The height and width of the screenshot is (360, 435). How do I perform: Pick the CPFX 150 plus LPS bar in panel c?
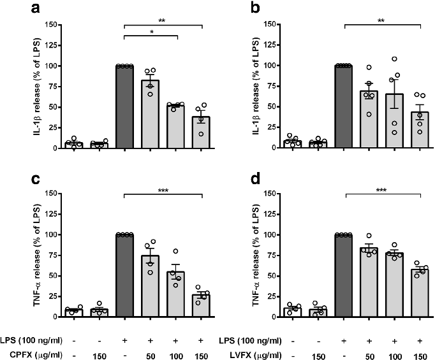[x=201, y=306]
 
